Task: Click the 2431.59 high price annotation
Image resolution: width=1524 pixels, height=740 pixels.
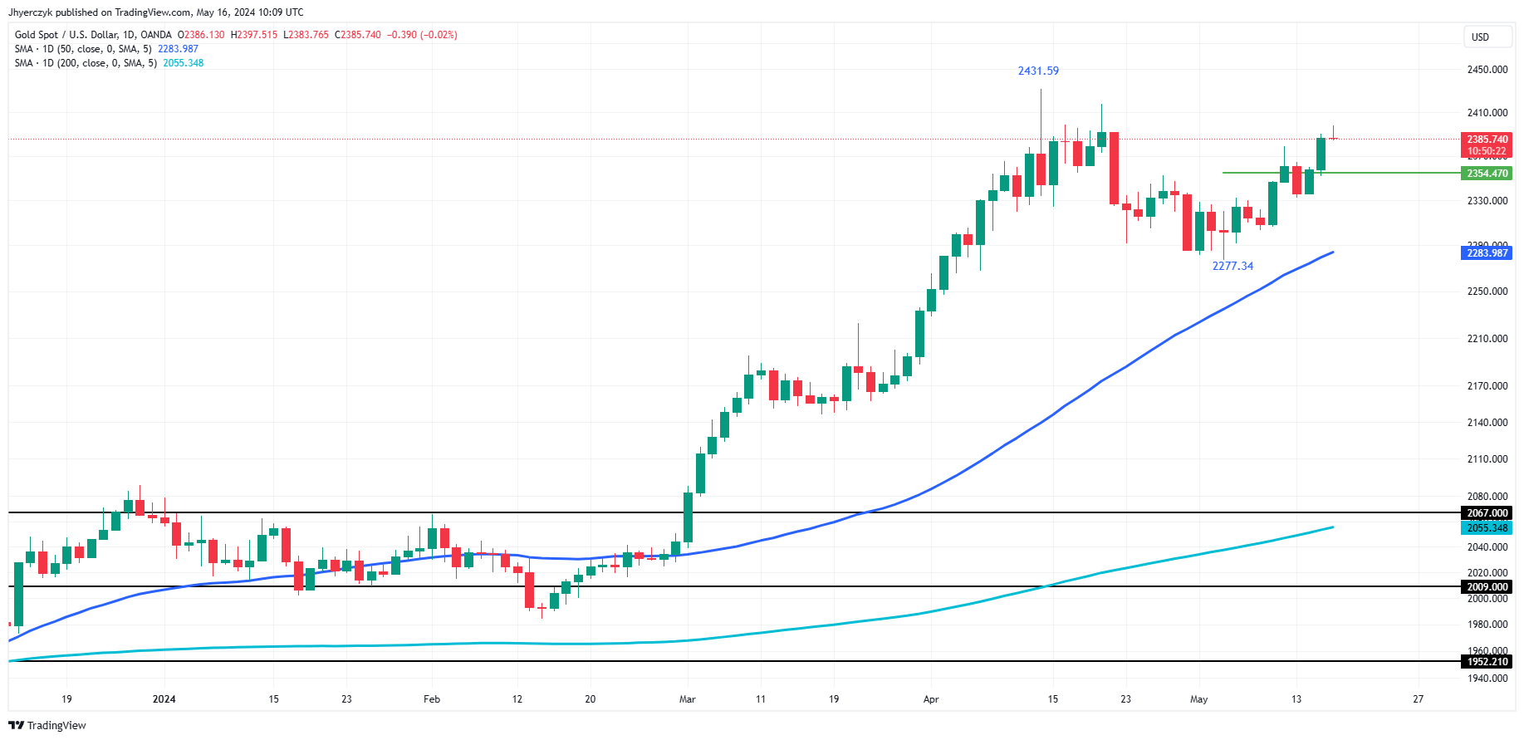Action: click(x=1038, y=71)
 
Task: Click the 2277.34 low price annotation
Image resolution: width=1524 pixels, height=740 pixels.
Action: click(x=1232, y=266)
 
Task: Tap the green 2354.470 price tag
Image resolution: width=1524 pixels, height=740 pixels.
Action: click(x=1487, y=174)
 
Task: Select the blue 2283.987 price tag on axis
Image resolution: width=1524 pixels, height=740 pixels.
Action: click(x=1487, y=253)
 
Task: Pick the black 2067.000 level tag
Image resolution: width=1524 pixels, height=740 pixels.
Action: click(x=1487, y=513)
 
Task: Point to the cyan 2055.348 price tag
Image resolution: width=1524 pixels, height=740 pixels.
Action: click(x=1487, y=528)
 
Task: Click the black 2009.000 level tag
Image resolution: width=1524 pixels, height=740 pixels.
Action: click(x=1487, y=587)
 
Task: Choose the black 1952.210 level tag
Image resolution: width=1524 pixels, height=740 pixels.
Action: click(x=1487, y=662)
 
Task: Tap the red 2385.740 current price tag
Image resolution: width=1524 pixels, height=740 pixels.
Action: click(x=1487, y=140)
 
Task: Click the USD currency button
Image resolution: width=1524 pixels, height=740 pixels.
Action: click(x=1480, y=37)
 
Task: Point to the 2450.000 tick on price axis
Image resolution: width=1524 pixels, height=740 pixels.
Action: click(x=1487, y=70)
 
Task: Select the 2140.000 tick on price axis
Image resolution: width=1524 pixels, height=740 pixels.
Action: click(x=1487, y=423)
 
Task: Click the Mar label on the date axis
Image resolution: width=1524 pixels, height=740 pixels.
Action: click(x=688, y=699)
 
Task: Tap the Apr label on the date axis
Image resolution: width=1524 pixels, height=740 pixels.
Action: click(x=931, y=699)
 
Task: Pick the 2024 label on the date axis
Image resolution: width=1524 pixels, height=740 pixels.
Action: click(x=164, y=699)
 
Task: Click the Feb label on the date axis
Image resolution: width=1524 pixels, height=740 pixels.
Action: click(x=432, y=699)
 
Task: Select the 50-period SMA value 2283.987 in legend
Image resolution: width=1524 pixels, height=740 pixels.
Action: click(x=178, y=49)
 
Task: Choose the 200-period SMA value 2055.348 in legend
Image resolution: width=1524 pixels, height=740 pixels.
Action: click(x=183, y=63)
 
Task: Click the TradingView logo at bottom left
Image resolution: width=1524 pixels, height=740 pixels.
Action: click(x=47, y=725)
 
